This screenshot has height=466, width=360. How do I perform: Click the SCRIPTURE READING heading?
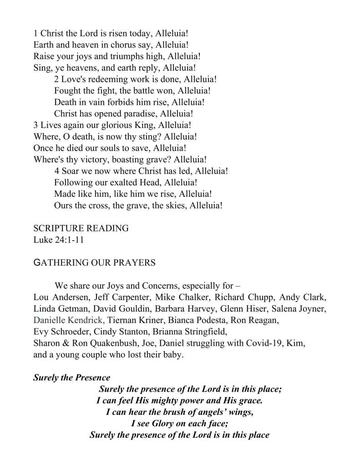[x=81, y=228]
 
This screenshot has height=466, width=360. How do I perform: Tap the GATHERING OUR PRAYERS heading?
[x=95, y=263]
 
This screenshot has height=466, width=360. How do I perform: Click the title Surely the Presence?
[x=72, y=378]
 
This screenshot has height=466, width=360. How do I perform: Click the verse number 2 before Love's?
[x=56, y=79]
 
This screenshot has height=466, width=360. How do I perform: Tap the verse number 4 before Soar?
[x=56, y=171]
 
